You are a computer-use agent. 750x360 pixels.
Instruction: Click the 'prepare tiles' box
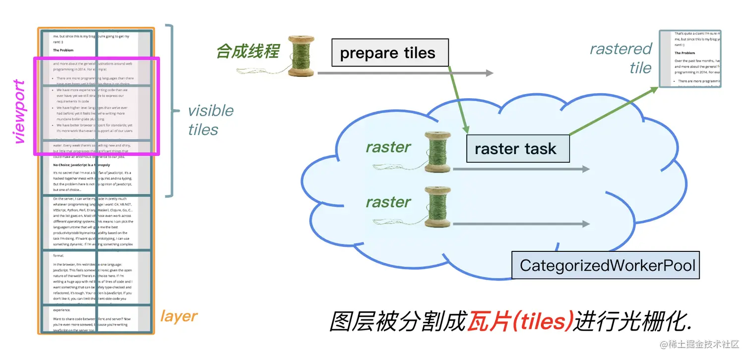click(x=390, y=53)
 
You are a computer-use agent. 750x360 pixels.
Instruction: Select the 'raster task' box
click(x=518, y=149)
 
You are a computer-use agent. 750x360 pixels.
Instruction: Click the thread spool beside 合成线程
click(x=301, y=56)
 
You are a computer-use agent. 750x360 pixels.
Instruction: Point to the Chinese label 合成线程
click(x=248, y=52)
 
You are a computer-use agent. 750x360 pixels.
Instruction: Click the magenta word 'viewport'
click(x=20, y=112)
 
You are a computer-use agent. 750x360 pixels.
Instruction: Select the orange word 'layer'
click(x=179, y=316)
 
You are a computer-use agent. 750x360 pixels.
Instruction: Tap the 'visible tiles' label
click(x=210, y=120)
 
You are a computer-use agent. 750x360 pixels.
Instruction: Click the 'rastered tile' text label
click(x=621, y=58)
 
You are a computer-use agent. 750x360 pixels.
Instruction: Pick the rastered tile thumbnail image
click(x=689, y=59)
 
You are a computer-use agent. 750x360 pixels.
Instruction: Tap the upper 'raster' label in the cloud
click(x=388, y=147)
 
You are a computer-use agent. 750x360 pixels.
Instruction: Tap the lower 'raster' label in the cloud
click(x=388, y=202)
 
